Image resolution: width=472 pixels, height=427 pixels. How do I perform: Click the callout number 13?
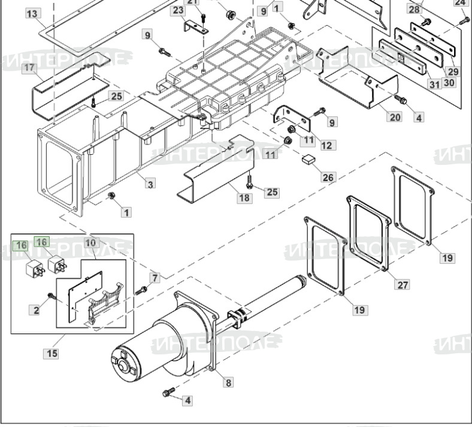32,13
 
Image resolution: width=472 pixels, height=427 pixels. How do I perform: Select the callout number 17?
29,68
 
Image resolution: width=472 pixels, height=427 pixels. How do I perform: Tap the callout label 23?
178,10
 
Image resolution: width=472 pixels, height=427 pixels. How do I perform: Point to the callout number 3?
150,184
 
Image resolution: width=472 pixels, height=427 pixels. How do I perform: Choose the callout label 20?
395,117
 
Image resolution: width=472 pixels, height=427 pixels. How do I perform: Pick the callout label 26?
328,177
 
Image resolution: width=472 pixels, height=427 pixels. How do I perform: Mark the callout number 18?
244,198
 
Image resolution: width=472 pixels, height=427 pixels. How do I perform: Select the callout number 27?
402,284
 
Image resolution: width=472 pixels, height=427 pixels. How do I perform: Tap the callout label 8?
228,381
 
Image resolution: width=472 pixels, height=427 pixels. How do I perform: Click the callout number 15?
52,353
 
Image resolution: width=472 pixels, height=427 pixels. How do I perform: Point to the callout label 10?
90,243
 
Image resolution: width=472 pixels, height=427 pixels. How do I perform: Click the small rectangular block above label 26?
310,159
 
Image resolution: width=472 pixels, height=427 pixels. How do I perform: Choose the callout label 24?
460,2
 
